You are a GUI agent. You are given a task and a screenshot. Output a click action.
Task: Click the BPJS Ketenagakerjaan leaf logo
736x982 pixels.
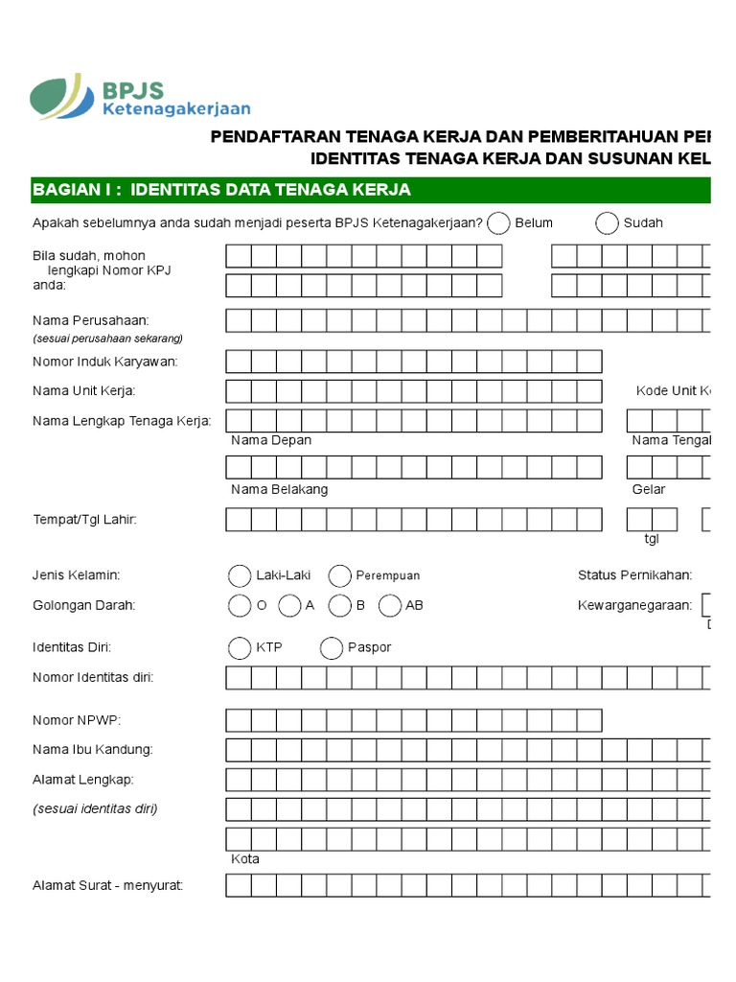pyautogui.click(x=62, y=97)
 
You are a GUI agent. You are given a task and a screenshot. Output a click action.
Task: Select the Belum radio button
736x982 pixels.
pyautogui.click(x=498, y=223)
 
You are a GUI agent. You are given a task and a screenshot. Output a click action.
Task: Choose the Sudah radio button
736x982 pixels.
pyautogui.click(x=607, y=223)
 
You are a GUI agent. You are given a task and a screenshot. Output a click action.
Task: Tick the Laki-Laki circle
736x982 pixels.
pyautogui.click(x=239, y=575)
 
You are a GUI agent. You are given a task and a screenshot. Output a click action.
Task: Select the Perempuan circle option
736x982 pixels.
pyautogui.click(x=339, y=575)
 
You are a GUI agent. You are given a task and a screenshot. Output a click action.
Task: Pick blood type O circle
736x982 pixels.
pyautogui.click(x=239, y=605)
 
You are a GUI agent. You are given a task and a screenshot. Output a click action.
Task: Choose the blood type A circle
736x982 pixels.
pyautogui.click(x=288, y=605)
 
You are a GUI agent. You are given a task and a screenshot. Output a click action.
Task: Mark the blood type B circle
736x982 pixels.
pyautogui.click(x=339, y=605)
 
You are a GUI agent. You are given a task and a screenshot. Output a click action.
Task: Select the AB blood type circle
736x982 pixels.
pyautogui.click(x=389, y=605)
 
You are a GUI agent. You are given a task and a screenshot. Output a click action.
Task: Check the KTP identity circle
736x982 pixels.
pyautogui.click(x=239, y=648)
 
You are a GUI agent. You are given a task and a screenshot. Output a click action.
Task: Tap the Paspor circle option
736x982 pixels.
pyautogui.click(x=332, y=648)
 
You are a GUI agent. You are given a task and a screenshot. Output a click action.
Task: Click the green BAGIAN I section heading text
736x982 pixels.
pyautogui.click(x=221, y=190)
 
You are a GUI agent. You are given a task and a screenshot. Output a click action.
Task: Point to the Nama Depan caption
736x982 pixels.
pyautogui.click(x=271, y=440)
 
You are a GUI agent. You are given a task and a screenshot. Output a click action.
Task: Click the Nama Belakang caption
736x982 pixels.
pyautogui.click(x=279, y=489)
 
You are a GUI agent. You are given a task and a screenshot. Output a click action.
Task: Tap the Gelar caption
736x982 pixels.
pyautogui.click(x=649, y=489)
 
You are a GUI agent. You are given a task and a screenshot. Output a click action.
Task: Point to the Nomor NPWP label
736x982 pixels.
pyautogui.click(x=77, y=720)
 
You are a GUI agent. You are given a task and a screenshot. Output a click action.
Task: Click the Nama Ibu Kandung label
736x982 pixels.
pyautogui.click(x=92, y=749)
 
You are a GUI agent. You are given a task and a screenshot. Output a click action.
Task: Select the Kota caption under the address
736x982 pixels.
pyautogui.click(x=245, y=858)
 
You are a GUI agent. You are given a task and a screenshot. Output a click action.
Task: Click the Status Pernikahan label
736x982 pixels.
pyautogui.click(x=634, y=575)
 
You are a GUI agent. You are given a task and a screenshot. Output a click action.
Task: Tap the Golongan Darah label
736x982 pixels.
pyautogui.click(x=83, y=605)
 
